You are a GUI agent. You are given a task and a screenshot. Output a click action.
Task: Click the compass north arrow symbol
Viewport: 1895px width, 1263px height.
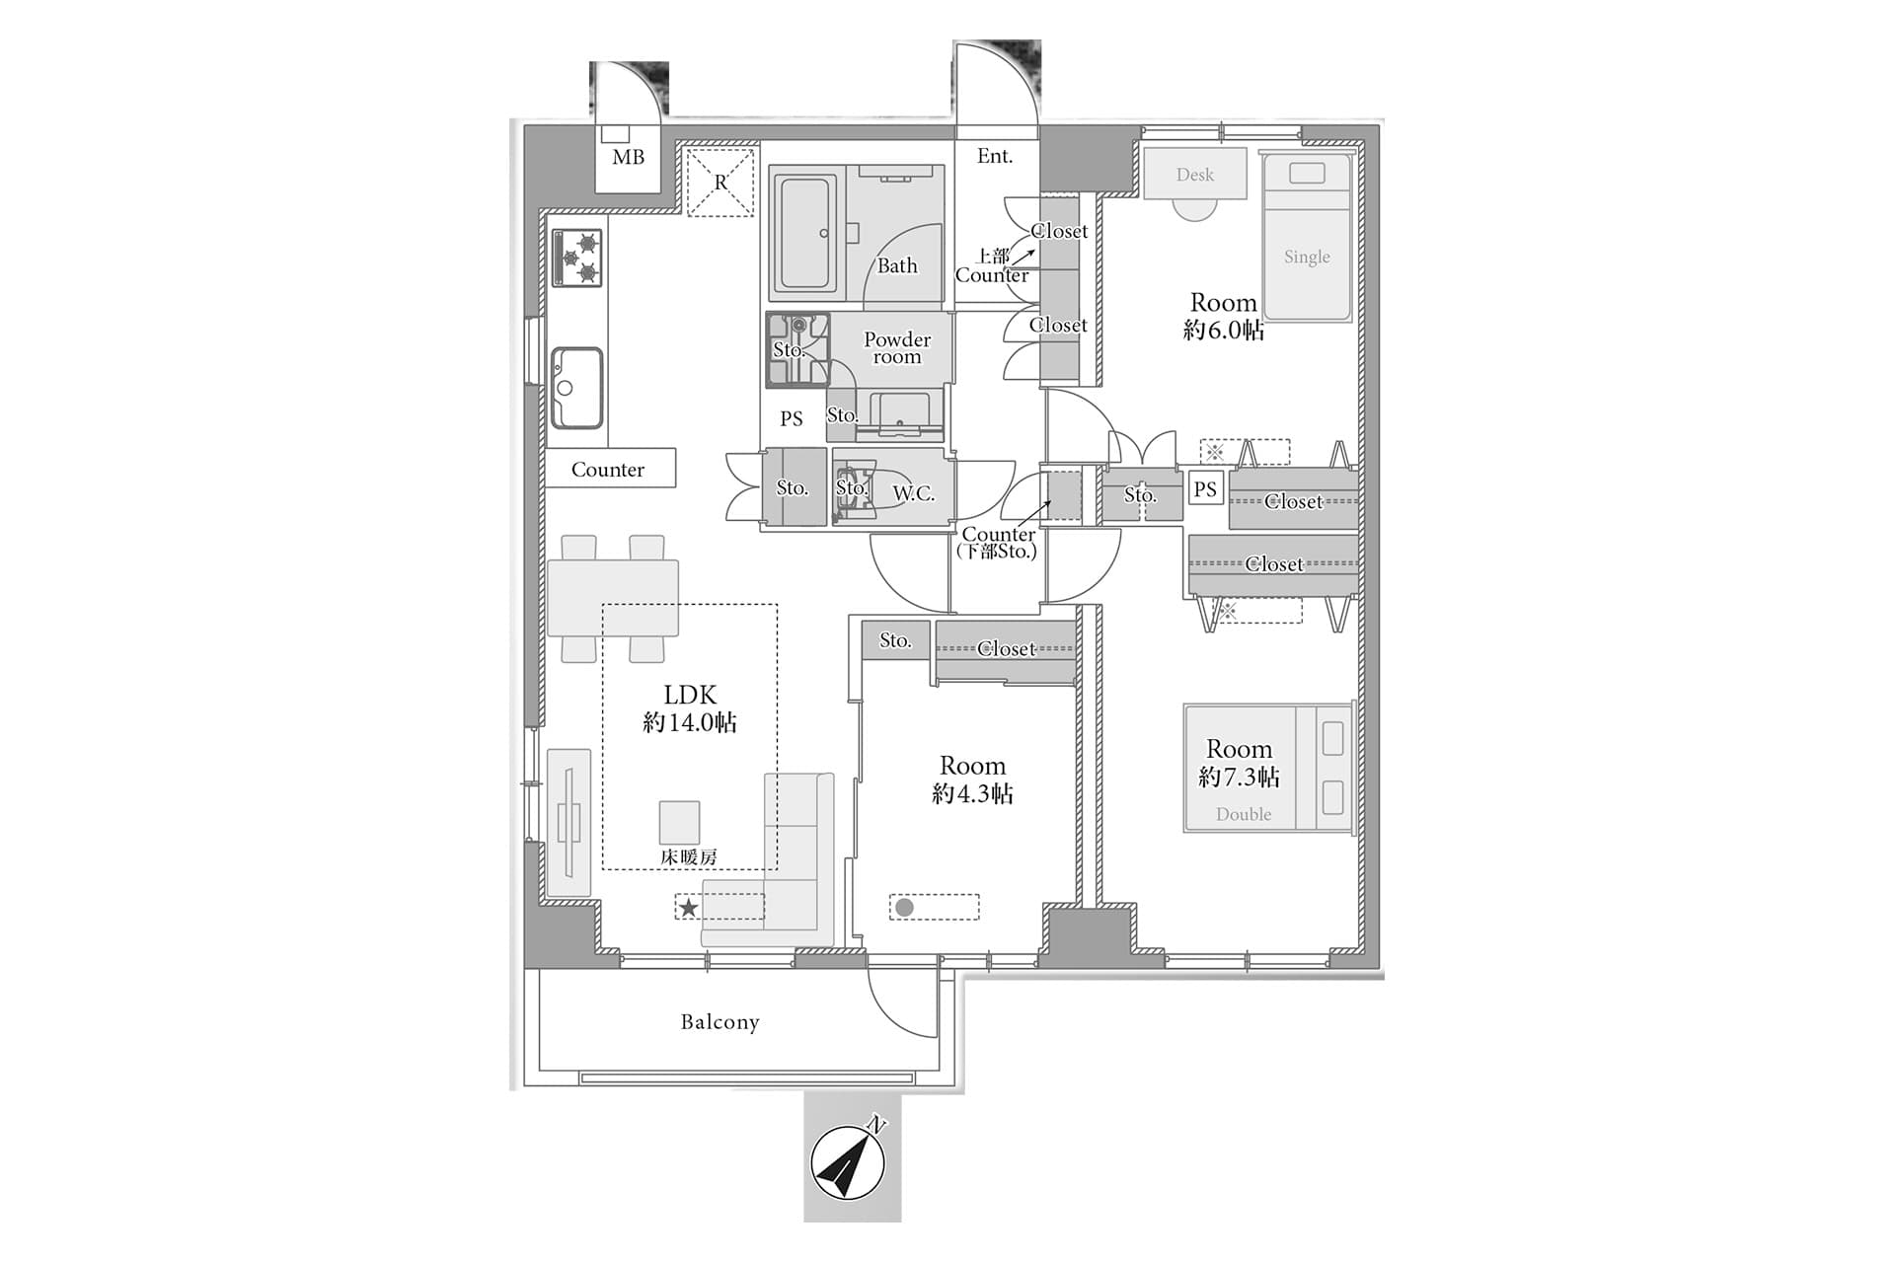848,1162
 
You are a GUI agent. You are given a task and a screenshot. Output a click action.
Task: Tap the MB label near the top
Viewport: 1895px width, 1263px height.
629,158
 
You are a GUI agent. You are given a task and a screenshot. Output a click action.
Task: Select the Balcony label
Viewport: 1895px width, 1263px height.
720,1022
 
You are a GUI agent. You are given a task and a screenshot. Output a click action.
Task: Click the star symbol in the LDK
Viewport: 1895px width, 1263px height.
688,908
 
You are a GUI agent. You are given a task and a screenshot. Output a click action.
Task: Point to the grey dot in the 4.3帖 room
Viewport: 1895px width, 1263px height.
904,907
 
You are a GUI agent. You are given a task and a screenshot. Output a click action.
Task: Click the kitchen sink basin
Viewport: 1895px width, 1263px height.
576,388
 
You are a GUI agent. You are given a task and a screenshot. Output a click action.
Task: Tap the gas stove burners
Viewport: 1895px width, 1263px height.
577,258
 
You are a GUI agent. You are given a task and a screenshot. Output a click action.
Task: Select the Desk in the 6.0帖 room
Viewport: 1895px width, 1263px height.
1195,175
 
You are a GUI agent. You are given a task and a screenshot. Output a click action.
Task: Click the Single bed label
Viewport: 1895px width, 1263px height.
1307,257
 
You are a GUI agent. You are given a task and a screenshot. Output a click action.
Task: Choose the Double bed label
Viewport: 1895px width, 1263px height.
1244,814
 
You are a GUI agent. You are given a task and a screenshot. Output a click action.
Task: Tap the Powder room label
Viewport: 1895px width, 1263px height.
897,348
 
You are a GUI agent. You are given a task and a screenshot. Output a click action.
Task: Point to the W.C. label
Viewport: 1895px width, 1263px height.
914,493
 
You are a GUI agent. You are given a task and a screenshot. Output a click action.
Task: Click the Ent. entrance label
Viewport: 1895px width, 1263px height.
995,156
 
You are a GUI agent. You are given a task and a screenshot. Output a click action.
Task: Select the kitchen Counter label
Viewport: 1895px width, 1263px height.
608,470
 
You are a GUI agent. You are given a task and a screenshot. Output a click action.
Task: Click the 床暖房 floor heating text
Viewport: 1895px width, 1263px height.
689,857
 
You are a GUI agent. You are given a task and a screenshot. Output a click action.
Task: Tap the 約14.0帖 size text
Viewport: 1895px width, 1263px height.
690,723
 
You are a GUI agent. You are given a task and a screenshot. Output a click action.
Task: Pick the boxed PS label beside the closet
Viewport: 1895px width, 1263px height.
1205,488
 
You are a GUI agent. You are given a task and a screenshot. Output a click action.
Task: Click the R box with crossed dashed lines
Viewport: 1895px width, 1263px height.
720,182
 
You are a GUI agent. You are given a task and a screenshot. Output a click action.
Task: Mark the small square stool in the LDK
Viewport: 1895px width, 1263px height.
680,822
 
